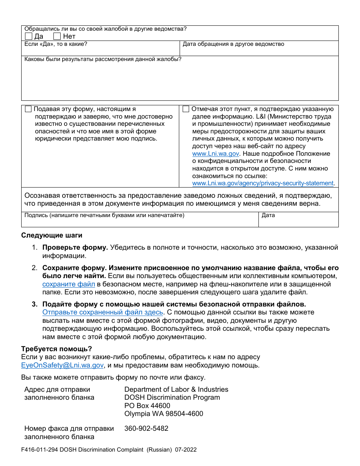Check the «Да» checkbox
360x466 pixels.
pyautogui.click(x=28, y=36)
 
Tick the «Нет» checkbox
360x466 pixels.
pyautogui.click(x=57, y=36)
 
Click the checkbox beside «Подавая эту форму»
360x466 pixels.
pyautogui.click(x=28, y=109)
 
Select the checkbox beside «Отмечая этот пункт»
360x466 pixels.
pyautogui.click(x=186, y=109)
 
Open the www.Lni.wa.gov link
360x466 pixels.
pyautogui.click(x=216, y=154)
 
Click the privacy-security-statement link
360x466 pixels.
pyautogui.click(x=263, y=183)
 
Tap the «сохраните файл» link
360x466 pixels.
pyautogui.click(x=69, y=284)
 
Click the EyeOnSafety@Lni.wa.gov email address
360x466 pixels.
pyautogui.click(x=63, y=365)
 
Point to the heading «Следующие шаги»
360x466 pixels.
pyautogui.click(x=52, y=235)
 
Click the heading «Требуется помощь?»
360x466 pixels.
pyautogui.click(x=56, y=349)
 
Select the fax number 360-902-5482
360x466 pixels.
pyautogui.click(x=146, y=428)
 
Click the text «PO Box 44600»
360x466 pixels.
pyautogui.click(x=147, y=406)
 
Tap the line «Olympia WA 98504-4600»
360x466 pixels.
pyautogui.click(x=164, y=414)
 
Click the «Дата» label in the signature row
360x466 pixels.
pyautogui.click(x=268, y=216)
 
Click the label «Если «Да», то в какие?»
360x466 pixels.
pyautogui.click(x=56, y=44)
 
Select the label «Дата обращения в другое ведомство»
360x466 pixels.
pyautogui.click(x=233, y=44)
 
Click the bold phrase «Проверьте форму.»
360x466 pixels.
pyautogui.click(x=75, y=248)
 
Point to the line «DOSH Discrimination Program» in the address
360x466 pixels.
pyautogui.click(x=172, y=397)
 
